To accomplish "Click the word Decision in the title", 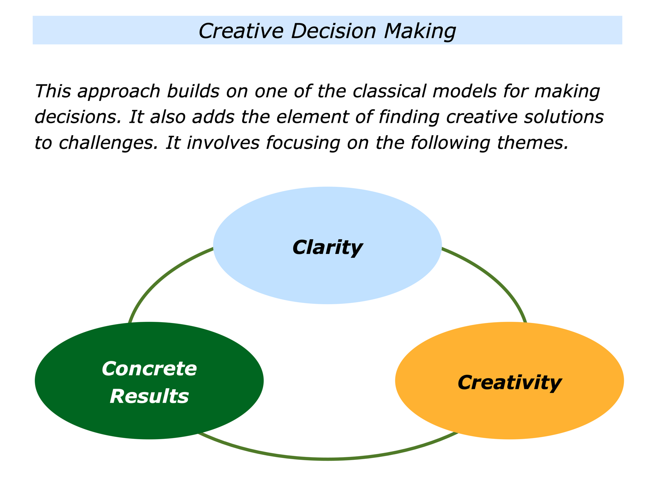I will point(333,31).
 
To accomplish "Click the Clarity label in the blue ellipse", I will point(327,247).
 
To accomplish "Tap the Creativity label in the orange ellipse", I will point(510,382).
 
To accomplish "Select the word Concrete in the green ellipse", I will point(149,369).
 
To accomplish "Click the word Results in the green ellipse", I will point(149,396).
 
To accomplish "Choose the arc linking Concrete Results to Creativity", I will point(327,459).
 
